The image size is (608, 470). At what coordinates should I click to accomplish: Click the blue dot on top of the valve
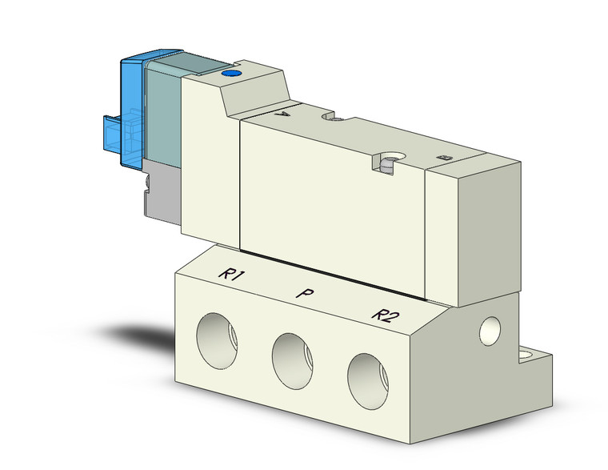coord(232,74)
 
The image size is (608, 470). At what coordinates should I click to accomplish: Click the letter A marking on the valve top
coord(279,114)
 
